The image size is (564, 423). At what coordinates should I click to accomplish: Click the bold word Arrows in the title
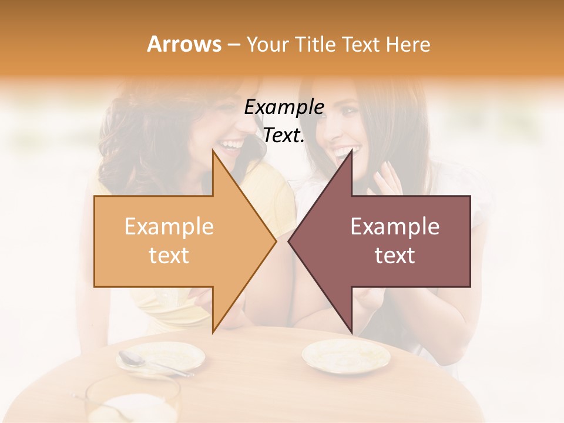[x=184, y=44]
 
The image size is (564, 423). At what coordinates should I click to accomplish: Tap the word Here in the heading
[x=408, y=44]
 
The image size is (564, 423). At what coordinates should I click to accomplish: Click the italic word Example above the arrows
[x=284, y=108]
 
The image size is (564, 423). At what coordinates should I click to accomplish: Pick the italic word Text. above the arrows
[x=284, y=136]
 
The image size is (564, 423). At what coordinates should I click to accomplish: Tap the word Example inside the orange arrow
[x=169, y=227]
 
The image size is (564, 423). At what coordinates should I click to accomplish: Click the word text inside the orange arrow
[x=169, y=256]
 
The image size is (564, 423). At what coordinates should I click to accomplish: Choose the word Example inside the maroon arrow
[x=395, y=227]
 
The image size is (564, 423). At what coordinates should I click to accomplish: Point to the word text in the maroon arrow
[x=395, y=256]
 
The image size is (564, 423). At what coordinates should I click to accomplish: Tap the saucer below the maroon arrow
[x=345, y=355]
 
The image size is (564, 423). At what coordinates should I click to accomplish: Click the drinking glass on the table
[x=132, y=399]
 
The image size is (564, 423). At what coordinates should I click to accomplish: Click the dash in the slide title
[x=233, y=45]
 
